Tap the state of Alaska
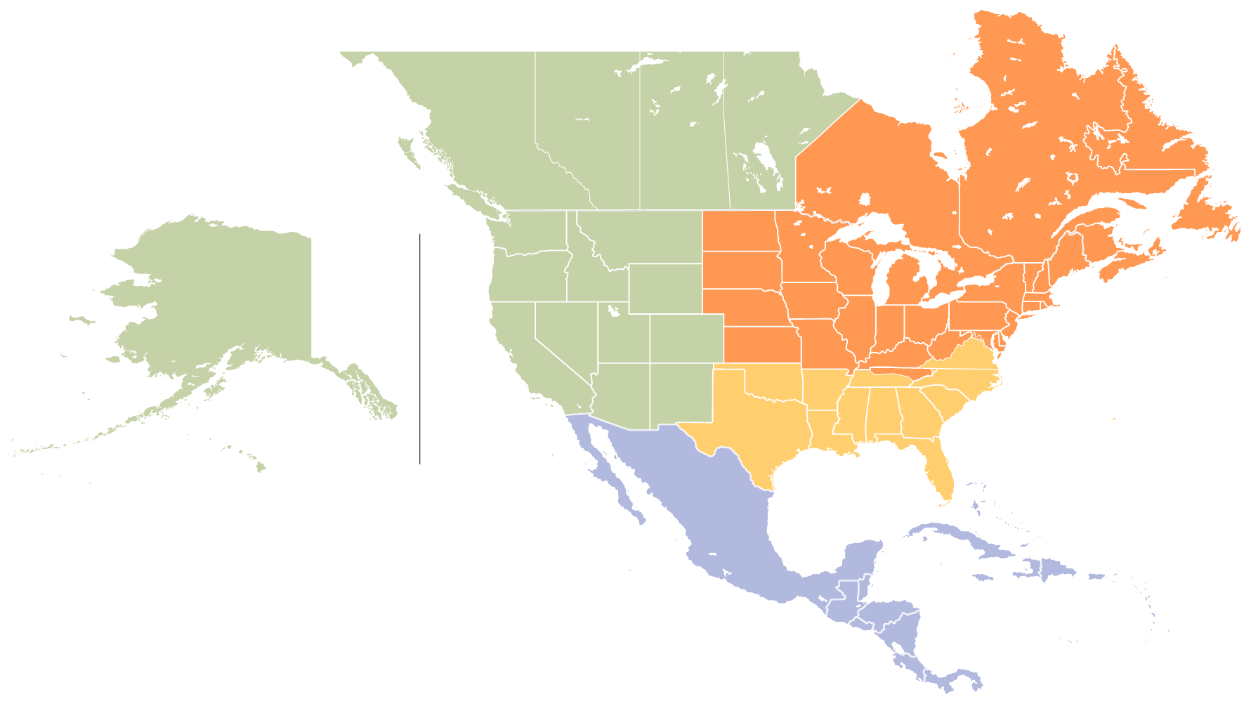click(232, 295)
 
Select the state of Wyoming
click(664, 289)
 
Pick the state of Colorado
click(686, 338)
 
